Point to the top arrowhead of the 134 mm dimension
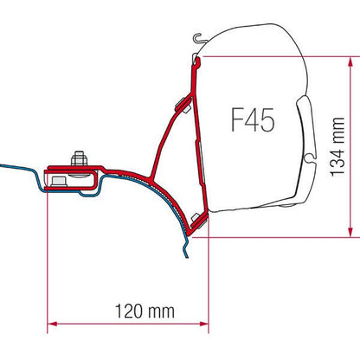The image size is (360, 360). (349, 61)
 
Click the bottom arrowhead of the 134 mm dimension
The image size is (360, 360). (349, 230)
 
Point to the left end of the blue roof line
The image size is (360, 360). (3, 166)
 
